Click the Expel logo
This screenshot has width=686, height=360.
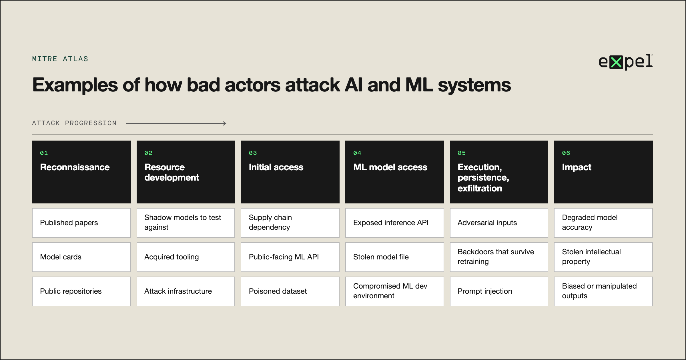[626, 62]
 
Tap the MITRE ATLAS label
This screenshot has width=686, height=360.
[60, 59]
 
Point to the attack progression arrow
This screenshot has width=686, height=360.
[176, 123]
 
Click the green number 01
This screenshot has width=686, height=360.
[44, 153]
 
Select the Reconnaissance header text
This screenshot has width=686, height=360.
[75, 167]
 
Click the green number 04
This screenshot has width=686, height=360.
[357, 153]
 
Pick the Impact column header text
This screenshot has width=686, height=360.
[577, 167]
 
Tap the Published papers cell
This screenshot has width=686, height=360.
[81, 223]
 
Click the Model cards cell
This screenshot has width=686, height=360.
[81, 257]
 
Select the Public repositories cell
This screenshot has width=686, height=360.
[81, 291]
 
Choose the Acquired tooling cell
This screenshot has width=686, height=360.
[186, 257]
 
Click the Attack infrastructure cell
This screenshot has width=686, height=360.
[186, 291]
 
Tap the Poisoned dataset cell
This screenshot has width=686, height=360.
[290, 291]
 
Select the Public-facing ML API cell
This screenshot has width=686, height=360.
[290, 257]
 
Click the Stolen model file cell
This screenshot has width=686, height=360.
[395, 257]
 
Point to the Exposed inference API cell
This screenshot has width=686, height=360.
[395, 223]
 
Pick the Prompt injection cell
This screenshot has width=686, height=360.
[499, 291]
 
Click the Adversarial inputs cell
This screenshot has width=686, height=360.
[499, 223]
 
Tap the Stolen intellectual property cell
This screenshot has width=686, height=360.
[603, 257]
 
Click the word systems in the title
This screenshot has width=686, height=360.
[474, 86]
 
